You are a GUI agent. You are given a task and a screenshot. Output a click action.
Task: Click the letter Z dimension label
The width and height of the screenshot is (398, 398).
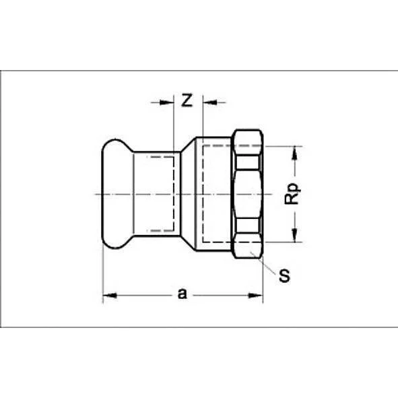pyautogui.click(x=187, y=101)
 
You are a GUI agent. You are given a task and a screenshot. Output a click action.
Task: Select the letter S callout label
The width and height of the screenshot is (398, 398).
pyautogui.click(x=285, y=277)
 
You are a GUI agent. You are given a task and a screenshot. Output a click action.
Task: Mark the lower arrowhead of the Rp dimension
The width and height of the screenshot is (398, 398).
pyautogui.click(x=294, y=237)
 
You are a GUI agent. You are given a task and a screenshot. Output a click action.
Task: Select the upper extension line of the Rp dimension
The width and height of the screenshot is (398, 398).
pyautogui.click(x=283, y=145)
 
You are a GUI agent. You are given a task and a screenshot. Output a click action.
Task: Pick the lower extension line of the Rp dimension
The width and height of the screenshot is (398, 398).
pyautogui.click(x=283, y=242)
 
